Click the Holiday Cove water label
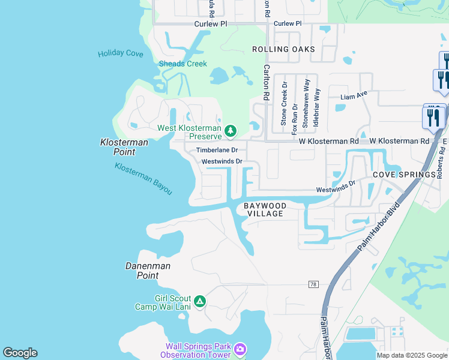click(121, 53)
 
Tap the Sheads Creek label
click(182, 64)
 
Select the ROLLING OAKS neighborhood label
click(283, 49)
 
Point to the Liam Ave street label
click(354, 96)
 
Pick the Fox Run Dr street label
click(295, 119)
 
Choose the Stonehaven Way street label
click(306, 103)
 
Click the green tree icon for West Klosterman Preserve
click(230, 131)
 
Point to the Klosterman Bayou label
click(143, 178)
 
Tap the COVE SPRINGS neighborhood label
click(403, 174)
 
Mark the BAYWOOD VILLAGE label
click(265, 209)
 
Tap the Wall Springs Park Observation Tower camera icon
click(240, 349)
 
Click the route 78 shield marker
click(313, 283)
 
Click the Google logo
click(20, 353)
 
